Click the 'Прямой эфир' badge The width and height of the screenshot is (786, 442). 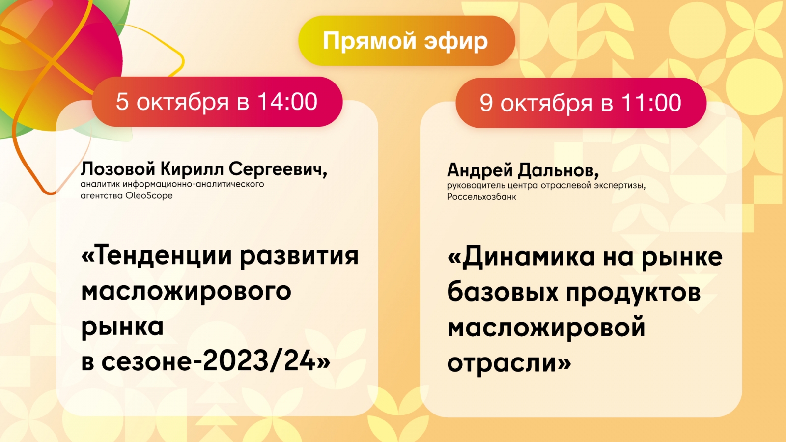(406, 41)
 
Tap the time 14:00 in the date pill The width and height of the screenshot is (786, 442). (287, 102)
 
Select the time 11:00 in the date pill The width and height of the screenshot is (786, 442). (651, 103)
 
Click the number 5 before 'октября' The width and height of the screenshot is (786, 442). (122, 102)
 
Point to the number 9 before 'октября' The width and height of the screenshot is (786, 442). (486, 103)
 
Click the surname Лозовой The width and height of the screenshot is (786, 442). (118, 169)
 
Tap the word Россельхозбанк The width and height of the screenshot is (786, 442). (481, 197)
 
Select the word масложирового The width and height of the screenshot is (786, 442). (186, 292)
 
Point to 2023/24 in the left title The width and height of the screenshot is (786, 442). (259, 361)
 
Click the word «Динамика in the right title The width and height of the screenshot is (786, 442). (521, 256)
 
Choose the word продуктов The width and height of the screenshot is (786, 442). (633, 293)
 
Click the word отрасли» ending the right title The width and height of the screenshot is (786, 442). (509, 363)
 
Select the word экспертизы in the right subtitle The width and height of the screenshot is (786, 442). (619, 186)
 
